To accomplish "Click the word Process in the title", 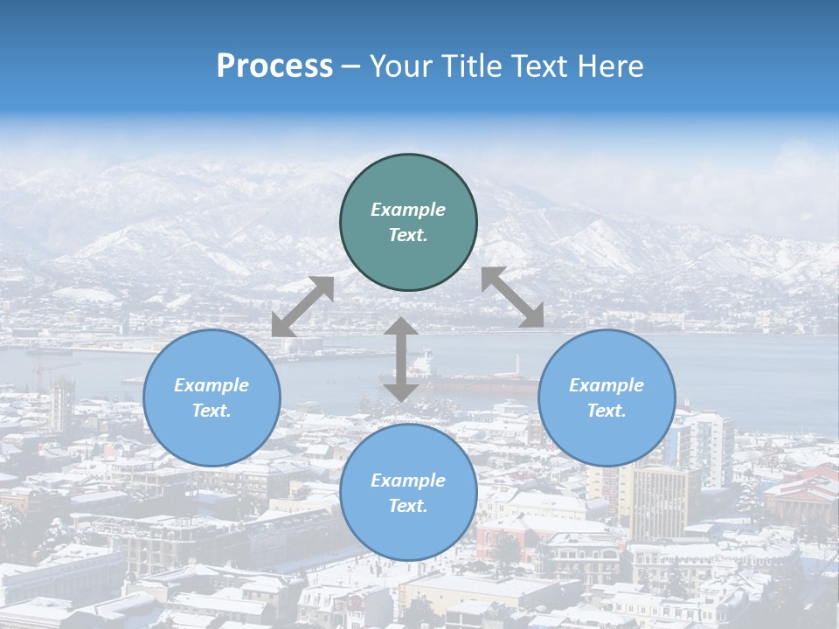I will (x=274, y=66).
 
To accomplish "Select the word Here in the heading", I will (x=611, y=66).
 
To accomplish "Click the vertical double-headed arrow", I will (x=401, y=359).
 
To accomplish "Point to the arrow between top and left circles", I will (x=302, y=307).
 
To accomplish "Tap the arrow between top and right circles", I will (x=513, y=297).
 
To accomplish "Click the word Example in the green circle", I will (x=408, y=210).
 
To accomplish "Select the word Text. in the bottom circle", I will (x=408, y=506).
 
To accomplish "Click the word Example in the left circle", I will (x=211, y=385).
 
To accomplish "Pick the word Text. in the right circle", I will (x=607, y=411).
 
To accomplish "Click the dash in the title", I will (x=351, y=66).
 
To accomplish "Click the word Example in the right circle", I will (x=607, y=385).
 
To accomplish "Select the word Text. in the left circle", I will (x=211, y=411).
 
